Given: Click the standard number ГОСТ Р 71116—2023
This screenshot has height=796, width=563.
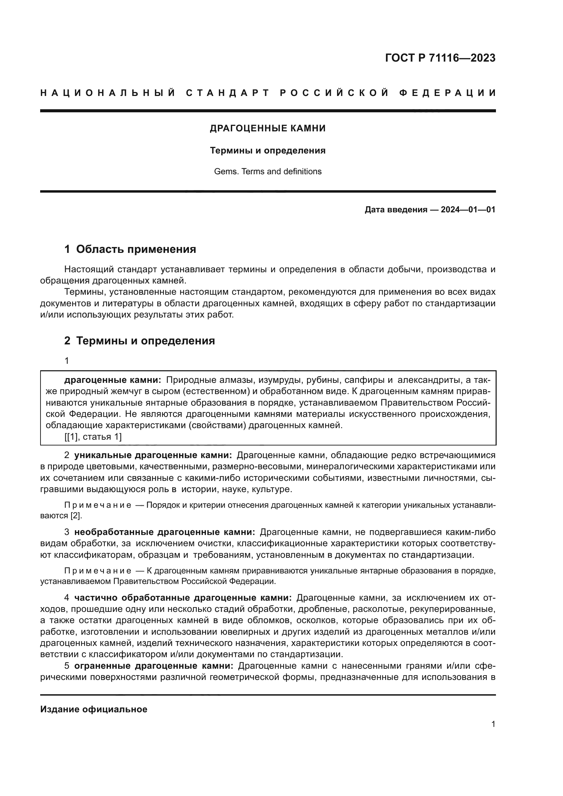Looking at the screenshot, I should (440, 58).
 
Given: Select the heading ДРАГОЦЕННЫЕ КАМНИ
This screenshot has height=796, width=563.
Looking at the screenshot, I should (268, 128).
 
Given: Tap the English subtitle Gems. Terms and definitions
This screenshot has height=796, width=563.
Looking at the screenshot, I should (268, 171).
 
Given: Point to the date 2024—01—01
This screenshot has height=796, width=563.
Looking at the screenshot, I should (468, 209).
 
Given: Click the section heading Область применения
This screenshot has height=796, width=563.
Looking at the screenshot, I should (136, 249).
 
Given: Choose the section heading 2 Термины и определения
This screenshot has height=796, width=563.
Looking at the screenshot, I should (139, 340).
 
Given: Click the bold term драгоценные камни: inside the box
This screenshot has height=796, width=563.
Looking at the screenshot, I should (113, 380).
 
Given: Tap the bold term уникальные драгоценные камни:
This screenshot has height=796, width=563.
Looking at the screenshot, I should (153, 455).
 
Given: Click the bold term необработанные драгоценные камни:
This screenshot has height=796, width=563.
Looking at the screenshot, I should (165, 532).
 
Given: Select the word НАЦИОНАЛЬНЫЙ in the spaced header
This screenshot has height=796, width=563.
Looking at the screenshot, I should (108, 93).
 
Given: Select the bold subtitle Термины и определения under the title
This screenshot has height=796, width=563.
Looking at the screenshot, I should (268, 150).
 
